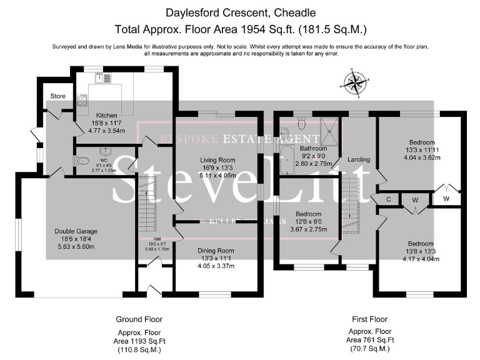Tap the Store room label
coord(58,96)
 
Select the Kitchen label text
coord(107,116)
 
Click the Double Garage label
coord(76,231)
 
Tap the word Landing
coord(359,159)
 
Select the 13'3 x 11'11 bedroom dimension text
coord(422,149)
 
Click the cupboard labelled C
coord(388,200)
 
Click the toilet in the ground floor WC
coord(81,161)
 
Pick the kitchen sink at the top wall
coord(102,78)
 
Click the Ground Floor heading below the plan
coord(139,319)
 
